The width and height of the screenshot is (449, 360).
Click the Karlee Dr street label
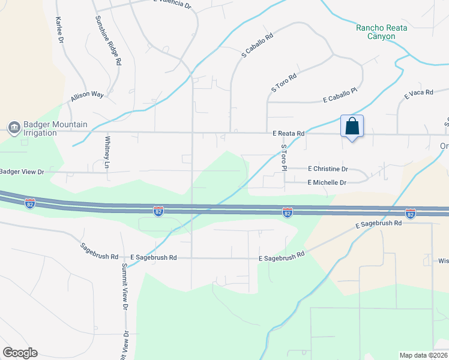click(59, 29)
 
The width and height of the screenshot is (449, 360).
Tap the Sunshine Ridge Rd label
click(108, 40)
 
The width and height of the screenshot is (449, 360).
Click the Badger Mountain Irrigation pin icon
click(14, 128)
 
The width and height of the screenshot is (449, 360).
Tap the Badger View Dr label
click(22, 172)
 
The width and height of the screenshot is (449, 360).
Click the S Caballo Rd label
click(257, 45)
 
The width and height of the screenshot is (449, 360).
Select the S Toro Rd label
click(284, 83)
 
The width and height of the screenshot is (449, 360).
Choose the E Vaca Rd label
click(418, 92)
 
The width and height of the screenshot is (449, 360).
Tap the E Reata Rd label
click(288, 133)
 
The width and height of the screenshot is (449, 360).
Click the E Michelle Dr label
click(327, 182)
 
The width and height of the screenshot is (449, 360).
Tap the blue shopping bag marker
click(352, 127)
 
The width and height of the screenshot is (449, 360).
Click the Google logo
click(20, 353)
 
